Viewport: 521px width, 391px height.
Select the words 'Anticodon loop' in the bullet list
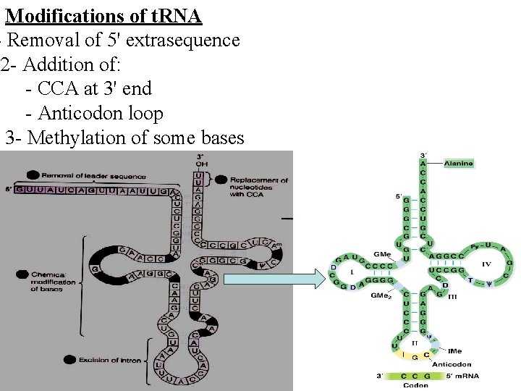click(100, 114)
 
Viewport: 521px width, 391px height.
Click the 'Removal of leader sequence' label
click(94, 176)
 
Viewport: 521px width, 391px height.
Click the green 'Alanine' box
click(459, 164)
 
